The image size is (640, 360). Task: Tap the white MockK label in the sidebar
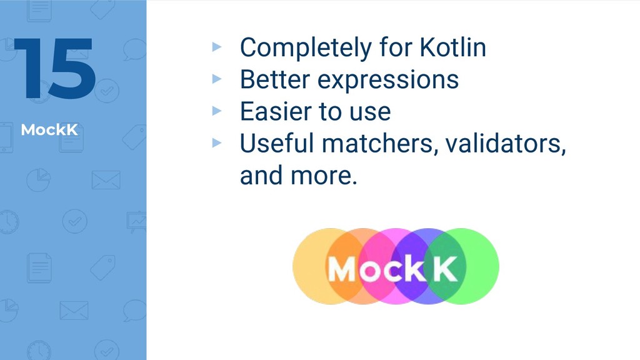(x=49, y=130)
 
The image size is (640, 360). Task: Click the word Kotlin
(x=453, y=47)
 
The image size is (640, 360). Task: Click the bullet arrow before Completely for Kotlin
(x=217, y=46)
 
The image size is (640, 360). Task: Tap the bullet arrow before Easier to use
(x=217, y=110)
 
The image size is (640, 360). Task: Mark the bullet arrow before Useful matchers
(x=217, y=142)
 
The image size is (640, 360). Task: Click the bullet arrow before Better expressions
(x=217, y=78)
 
